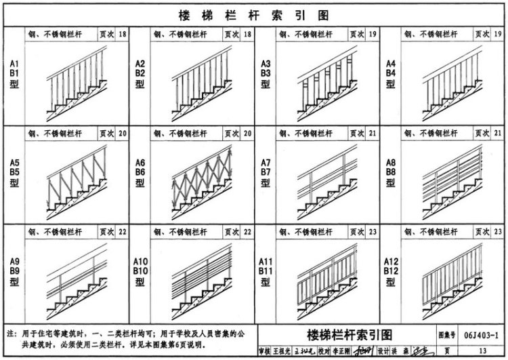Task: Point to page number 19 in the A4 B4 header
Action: (x=498, y=34)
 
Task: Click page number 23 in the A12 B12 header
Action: (x=498, y=232)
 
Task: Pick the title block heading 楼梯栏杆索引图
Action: (x=350, y=335)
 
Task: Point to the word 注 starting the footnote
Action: (x=10, y=334)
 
